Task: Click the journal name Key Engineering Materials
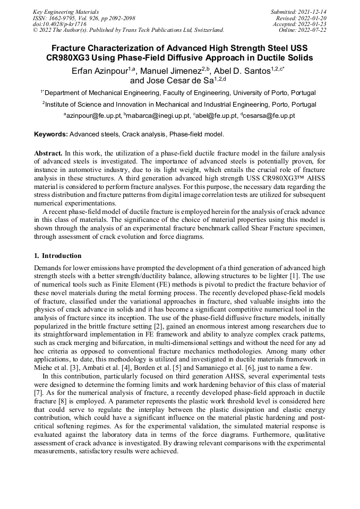66,11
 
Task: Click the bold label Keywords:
51,134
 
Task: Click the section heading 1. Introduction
58,255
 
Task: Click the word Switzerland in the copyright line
206,30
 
